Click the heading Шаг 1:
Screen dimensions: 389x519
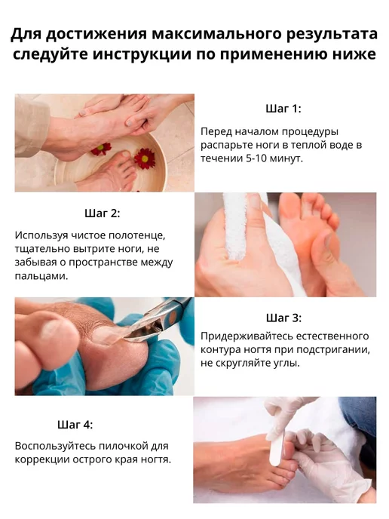point(283,109)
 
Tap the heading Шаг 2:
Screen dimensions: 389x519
point(103,213)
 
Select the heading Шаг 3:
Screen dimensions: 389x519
point(283,318)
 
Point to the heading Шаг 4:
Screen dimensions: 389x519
point(75,425)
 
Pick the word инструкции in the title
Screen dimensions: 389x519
point(142,54)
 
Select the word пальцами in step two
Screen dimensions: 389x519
point(41,276)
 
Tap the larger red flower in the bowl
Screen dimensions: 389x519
point(145,158)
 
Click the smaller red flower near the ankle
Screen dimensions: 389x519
point(101,149)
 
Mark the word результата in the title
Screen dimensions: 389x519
point(331,35)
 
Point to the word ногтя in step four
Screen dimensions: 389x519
point(155,460)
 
